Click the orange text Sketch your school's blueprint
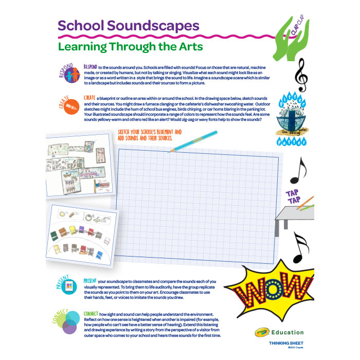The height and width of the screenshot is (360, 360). [147, 134]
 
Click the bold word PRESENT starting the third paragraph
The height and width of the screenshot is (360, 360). [91, 281]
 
